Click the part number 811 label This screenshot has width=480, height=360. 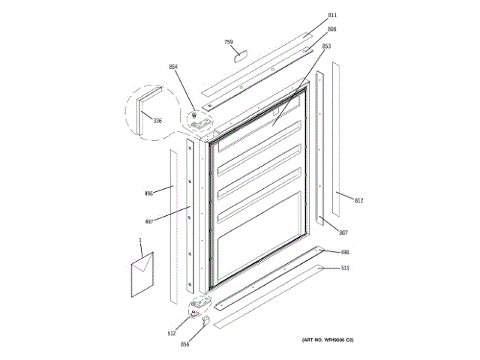pos(332,15)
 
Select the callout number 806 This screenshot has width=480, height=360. pos(331,29)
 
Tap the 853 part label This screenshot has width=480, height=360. pos(326,46)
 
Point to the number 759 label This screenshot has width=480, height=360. pos(229,42)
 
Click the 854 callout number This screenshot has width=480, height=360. pos(173,67)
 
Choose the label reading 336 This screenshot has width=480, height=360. pos(157,121)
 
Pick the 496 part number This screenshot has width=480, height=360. pos(148,193)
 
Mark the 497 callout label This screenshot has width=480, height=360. pos(148,220)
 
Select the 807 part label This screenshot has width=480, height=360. pos(343,232)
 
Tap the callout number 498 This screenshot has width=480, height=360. pos(344,253)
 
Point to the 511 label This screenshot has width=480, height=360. pos(345,268)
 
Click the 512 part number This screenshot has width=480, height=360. pos(171,333)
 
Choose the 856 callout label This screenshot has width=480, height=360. pos(184,344)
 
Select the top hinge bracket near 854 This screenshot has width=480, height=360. pos(197,118)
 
